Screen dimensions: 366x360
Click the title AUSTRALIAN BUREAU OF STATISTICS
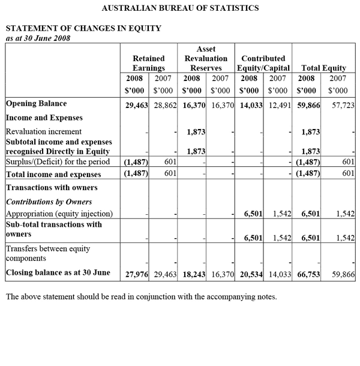click(181, 8)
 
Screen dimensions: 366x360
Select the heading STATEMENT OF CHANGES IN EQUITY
click(83, 28)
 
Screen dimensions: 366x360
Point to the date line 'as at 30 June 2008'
click(38, 38)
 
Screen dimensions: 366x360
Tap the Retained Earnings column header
click(148, 64)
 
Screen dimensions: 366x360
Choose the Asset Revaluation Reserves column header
click(206, 58)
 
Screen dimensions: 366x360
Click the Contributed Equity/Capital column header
click(262, 64)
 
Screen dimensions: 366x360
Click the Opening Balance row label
click(36, 104)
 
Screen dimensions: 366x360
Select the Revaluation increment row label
click(44, 131)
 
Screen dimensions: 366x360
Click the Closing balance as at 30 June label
click(58, 273)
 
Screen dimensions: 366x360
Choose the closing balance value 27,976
click(136, 274)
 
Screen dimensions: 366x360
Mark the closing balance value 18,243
click(193, 274)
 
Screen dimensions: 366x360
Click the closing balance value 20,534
click(251, 274)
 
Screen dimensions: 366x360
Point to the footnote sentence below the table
click(141, 296)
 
